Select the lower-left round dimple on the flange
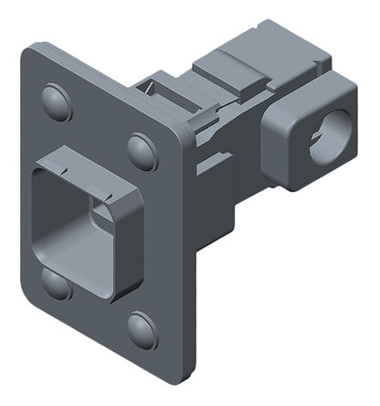(56, 283)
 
